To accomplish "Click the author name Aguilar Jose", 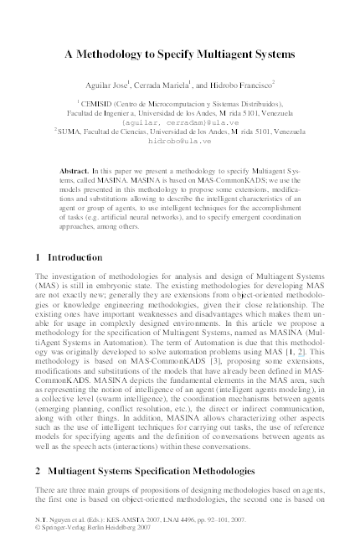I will pos(129,85).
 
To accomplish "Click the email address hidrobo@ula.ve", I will pos(180,142).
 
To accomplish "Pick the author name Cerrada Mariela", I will pos(185,85).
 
